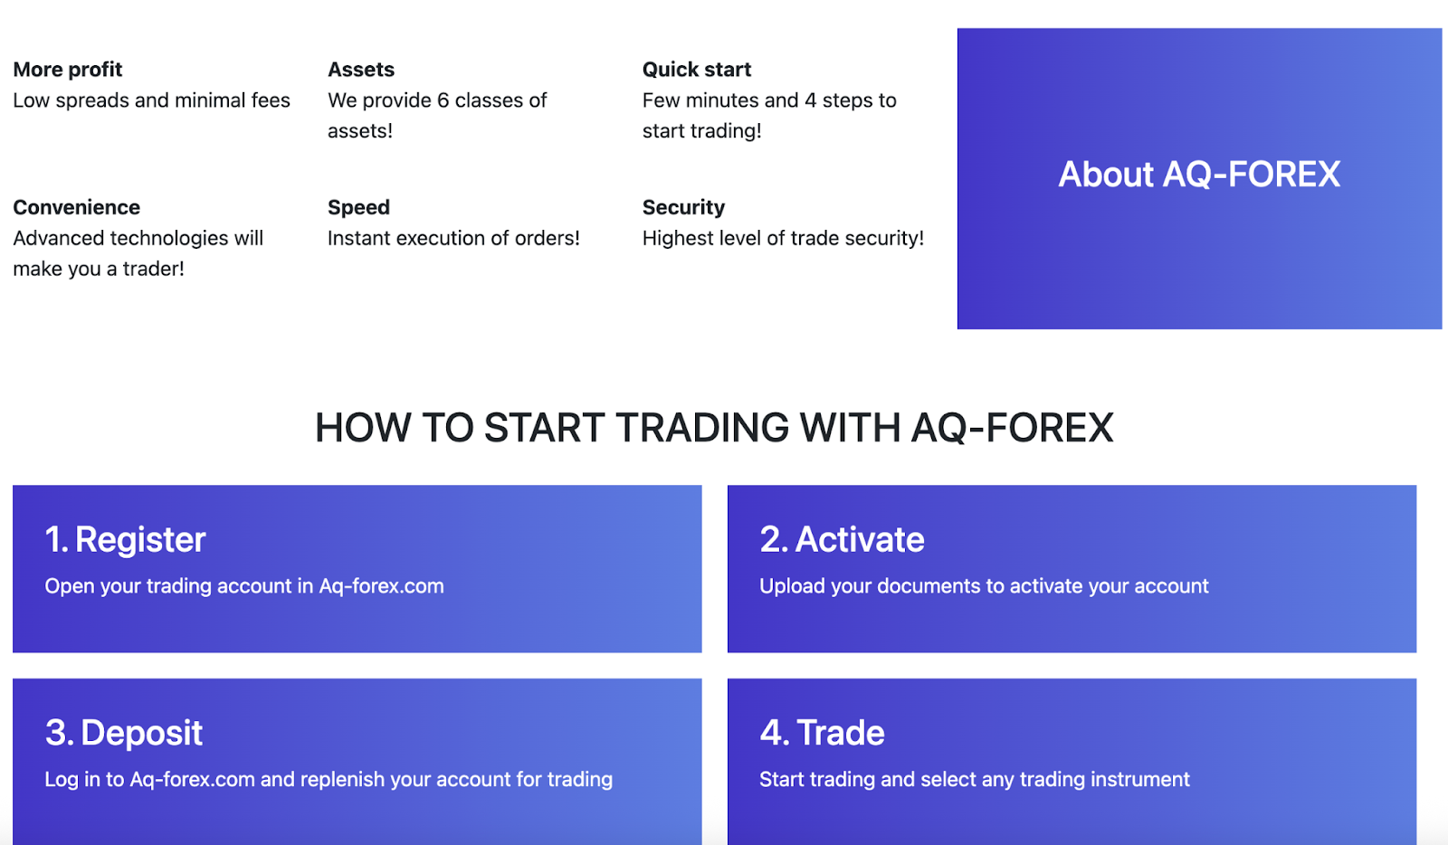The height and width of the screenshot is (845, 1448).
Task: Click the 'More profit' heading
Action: [68, 70]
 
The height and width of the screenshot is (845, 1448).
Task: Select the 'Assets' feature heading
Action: [361, 70]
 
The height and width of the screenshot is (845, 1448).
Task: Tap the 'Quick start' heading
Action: [697, 70]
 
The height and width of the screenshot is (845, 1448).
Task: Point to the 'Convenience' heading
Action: [77, 207]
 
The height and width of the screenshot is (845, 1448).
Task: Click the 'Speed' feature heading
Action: [358, 207]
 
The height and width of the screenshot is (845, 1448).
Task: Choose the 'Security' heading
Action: [683, 207]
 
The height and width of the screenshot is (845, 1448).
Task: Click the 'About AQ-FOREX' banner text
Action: [1199, 175]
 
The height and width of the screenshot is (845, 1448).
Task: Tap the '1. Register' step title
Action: [126, 540]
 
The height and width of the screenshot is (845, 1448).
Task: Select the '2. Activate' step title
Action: [842, 540]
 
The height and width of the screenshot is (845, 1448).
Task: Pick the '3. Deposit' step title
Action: [124, 733]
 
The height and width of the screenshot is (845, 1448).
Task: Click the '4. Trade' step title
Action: [822, 733]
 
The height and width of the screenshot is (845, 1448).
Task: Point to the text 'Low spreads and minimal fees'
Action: [151, 100]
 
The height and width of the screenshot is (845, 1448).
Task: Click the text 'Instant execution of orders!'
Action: [453, 238]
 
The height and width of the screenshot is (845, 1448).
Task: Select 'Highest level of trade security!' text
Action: [783, 238]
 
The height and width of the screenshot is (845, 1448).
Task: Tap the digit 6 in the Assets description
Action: [443, 100]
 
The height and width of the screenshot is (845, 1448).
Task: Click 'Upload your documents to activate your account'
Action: [984, 586]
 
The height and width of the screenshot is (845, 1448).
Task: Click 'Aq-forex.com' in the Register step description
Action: [381, 586]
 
